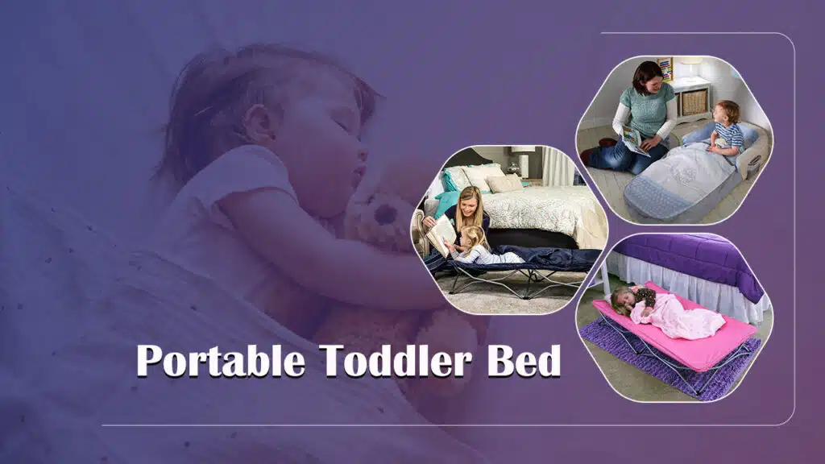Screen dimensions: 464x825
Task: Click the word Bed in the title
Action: [x=523, y=362]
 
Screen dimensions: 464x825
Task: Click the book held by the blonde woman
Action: [x=441, y=234]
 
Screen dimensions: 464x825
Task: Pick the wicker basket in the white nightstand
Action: [x=694, y=101]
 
